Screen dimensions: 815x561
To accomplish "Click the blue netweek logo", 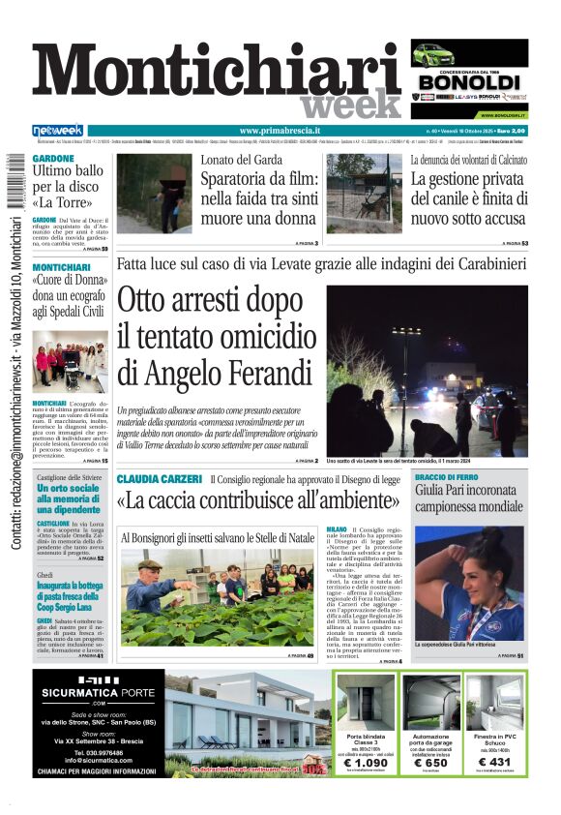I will pyautogui.click(x=58, y=131).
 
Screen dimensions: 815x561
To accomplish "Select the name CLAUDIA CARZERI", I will pyautogui.click(x=159, y=479).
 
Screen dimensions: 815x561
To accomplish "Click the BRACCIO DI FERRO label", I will pyautogui.click(x=447, y=478).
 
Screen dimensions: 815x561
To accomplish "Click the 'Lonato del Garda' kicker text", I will pyautogui.click(x=242, y=160).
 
